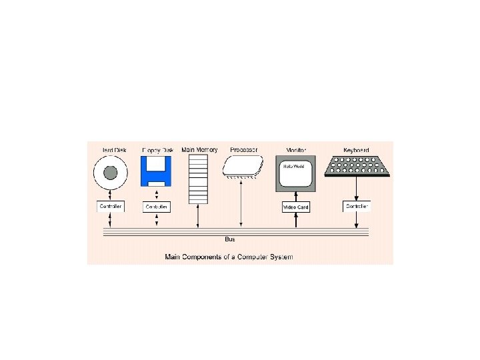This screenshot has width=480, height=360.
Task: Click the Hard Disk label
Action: coord(114,150)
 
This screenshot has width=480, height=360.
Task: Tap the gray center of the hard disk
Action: coord(111,174)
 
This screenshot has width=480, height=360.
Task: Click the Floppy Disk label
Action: coord(157,150)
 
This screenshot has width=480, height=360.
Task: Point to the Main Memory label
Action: coord(199,149)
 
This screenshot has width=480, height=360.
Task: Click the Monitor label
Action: coord(295,150)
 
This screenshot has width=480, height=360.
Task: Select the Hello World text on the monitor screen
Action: coord(294,166)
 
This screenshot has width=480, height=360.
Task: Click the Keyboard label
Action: coord(355,150)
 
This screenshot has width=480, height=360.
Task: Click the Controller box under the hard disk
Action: coord(110,207)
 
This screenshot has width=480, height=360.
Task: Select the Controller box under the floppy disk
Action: coord(157,207)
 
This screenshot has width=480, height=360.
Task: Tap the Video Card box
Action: coord(296,207)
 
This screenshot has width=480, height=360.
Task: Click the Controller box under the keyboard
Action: coord(357,207)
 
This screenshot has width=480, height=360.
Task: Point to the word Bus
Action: coord(229,239)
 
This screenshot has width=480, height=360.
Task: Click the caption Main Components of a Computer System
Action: coord(229,256)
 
